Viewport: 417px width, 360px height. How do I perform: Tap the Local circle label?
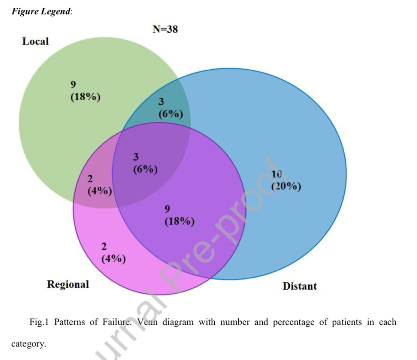35,41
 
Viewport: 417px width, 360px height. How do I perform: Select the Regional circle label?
68,284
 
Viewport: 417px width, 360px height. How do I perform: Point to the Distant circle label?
299,286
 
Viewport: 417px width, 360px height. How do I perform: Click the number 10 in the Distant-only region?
276,174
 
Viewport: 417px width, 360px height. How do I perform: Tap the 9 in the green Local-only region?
73,85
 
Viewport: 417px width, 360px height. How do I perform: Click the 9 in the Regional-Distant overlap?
167,209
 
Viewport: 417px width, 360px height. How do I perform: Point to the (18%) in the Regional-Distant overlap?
179,221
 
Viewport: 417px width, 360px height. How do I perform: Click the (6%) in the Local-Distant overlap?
170,114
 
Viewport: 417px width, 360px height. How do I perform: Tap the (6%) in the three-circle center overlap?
145,169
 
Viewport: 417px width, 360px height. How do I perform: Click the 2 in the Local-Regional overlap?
90,179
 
